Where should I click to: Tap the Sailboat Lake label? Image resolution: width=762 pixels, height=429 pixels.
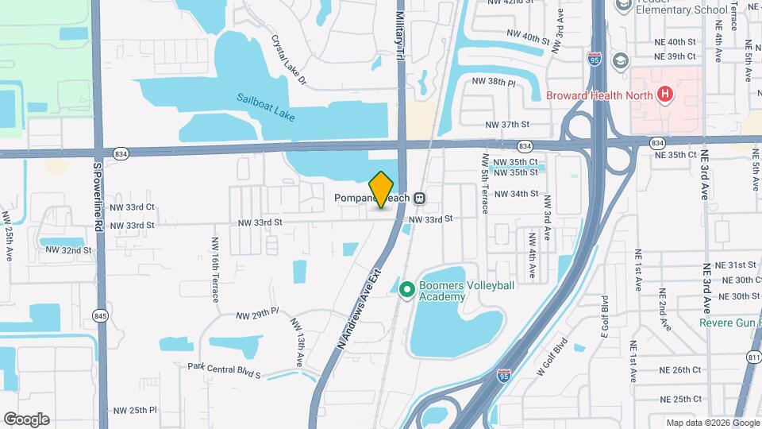click(x=265, y=108)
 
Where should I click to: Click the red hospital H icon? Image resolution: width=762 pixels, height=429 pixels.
click(x=665, y=95)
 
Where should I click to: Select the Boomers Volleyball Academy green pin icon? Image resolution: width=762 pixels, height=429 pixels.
click(x=407, y=291)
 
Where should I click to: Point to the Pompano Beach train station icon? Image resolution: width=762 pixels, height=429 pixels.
click(x=421, y=198)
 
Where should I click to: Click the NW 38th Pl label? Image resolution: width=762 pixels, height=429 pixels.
click(x=494, y=82)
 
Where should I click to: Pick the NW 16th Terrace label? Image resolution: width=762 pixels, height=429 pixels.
click(x=215, y=269)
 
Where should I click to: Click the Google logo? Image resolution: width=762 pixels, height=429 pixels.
click(x=26, y=419)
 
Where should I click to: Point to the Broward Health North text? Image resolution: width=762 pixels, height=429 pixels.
click(x=599, y=96)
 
